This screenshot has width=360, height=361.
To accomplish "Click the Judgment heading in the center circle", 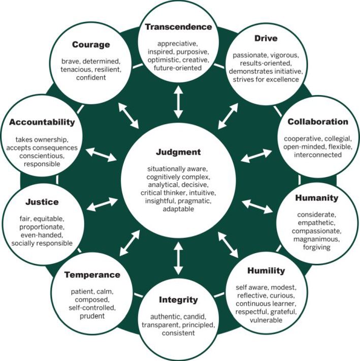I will [x=178, y=152].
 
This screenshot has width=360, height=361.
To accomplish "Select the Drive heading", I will [x=267, y=39].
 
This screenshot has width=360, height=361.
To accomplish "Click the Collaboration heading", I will [x=318, y=122].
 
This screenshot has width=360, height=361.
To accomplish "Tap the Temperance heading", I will [x=92, y=275].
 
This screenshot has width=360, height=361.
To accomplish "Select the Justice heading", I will [x=43, y=202].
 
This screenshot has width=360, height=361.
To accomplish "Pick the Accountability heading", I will [x=42, y=122].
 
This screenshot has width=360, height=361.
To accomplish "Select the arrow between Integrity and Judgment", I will [x=178, y=258].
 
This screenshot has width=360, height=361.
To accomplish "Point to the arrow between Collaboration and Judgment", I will [x=256, y=156].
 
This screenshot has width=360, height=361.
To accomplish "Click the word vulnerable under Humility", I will [x=266, y=321].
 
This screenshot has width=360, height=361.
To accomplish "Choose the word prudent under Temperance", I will [x=92, y=316].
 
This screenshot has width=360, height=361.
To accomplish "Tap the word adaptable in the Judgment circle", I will [x=178, y=209].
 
